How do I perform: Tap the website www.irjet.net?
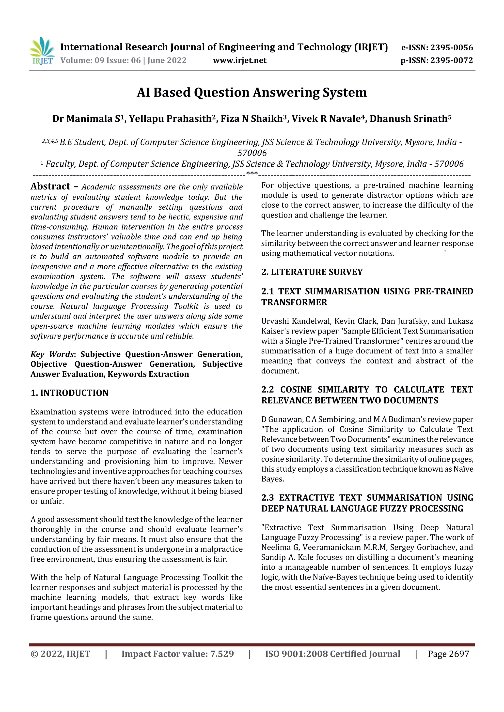tap(239, 60)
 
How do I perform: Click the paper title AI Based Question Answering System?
tap(252, 92)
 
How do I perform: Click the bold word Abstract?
tap(50, 186)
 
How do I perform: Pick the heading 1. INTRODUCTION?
tap(70, 393)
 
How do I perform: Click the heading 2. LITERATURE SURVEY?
tap(312, 272)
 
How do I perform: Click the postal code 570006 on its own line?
tap(252, 153)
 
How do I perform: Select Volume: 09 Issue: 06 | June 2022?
tap(123, 60)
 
